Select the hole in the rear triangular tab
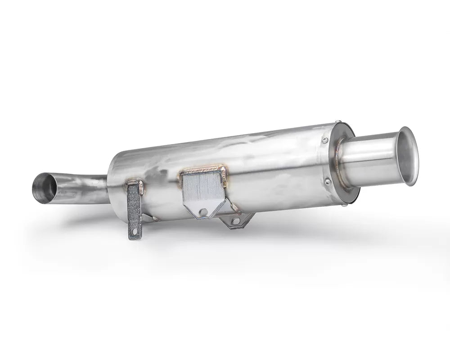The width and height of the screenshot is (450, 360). click(x=234, y=221)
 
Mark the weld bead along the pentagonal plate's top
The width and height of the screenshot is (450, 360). click(x=202, y=170)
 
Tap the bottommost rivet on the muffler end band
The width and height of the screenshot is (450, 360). click(x=344, y=205)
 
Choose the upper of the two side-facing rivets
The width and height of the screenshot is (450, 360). click(x=324, y=140)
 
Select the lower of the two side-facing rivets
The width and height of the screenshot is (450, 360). click(x=328, y=181)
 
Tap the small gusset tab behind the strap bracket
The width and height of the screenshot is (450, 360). click(x=149, y=218)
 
